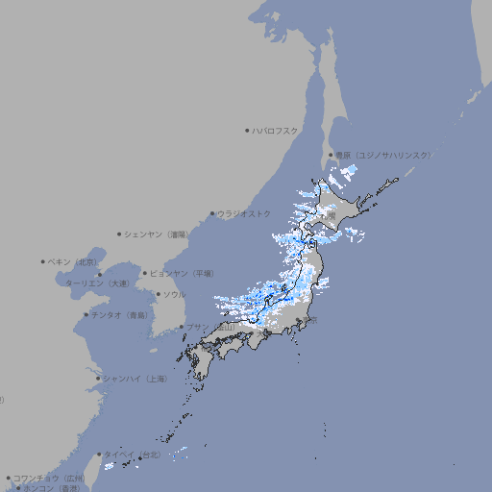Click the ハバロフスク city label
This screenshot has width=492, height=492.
[x=276, y=130]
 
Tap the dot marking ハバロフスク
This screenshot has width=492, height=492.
[x=247, y=130]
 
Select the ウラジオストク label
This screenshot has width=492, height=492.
[x=244, y=213]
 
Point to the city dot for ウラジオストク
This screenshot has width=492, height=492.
[x=212, y=214]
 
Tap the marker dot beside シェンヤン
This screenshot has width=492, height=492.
[x=119, y=234]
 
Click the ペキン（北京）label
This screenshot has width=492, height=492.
[x=74, y=261]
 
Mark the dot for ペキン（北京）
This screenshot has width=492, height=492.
[x=43, y=261]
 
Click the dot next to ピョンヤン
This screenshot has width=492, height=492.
[x=146, y=273]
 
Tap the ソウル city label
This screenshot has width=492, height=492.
[x=174, y=294]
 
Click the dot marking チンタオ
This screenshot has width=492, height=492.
[x=86, y=314]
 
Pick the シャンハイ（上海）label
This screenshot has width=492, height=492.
[x=135, y=379]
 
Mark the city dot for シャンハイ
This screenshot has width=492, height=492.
[x=98, y=379]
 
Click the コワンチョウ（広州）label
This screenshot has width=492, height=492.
[x=49, y=478]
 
